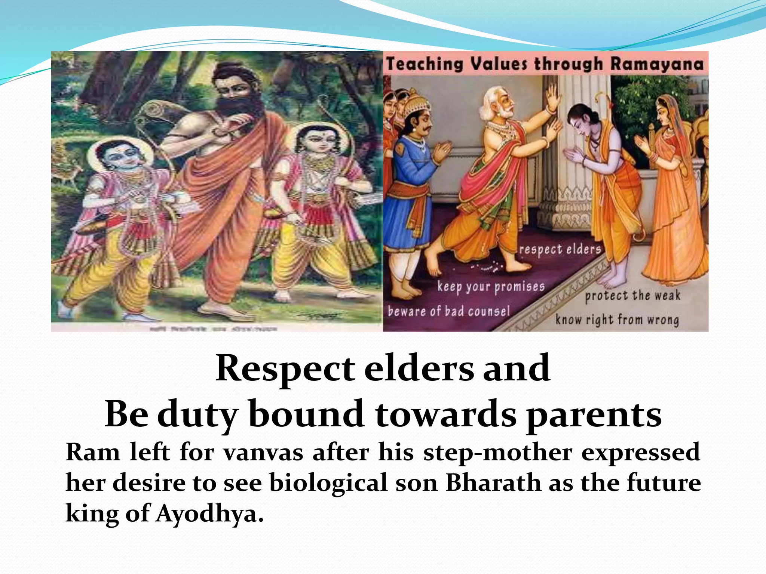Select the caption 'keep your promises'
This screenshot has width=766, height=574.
(x=491, y=287)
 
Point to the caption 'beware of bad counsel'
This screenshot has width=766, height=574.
(x=449, y=311)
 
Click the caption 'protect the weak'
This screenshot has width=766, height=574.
(x=632, y=296)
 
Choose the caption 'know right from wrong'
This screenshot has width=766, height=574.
(x=617, y=320)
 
